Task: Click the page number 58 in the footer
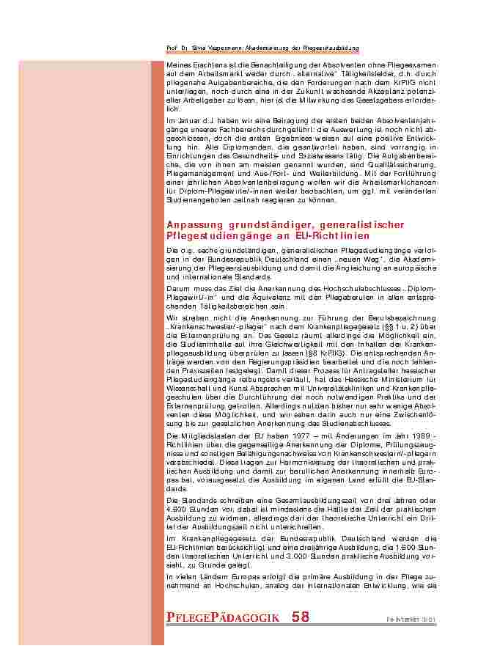[x=301, y=617]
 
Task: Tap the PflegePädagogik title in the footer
[x=223, y=617]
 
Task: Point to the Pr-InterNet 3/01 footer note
[x=411, y=620]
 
